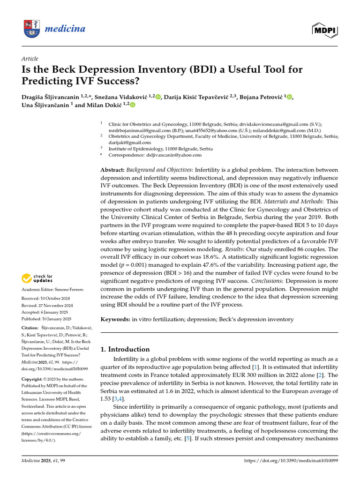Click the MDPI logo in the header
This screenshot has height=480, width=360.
(325, 30)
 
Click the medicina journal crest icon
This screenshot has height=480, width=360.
(31, 30)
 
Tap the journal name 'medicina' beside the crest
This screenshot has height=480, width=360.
(65, 29)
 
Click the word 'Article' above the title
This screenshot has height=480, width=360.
(30, 59)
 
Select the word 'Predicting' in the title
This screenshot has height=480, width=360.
(46, 81)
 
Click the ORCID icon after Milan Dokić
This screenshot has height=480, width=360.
(132, 105)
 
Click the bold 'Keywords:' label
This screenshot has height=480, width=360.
(115, 319)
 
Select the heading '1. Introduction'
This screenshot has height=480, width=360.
(125, 349)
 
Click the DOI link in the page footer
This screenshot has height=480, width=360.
(291, 461)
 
